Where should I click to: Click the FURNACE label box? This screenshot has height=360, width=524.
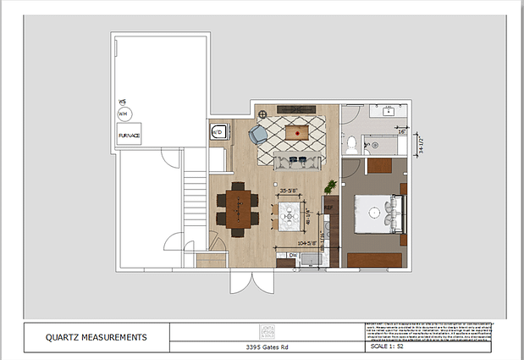pos(129,135)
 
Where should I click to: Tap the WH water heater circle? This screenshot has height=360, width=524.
pos(123,114)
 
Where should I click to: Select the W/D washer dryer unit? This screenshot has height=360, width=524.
pos(218,131)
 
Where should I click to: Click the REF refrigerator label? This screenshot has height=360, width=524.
pos(329,206)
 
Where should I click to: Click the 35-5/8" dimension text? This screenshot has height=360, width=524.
pos(291,191)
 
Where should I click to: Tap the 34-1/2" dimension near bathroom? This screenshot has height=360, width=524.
pos(420,147)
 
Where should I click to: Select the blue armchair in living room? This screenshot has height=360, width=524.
pos(257,135)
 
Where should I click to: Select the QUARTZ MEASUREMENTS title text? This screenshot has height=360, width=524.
pos(97,338)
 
